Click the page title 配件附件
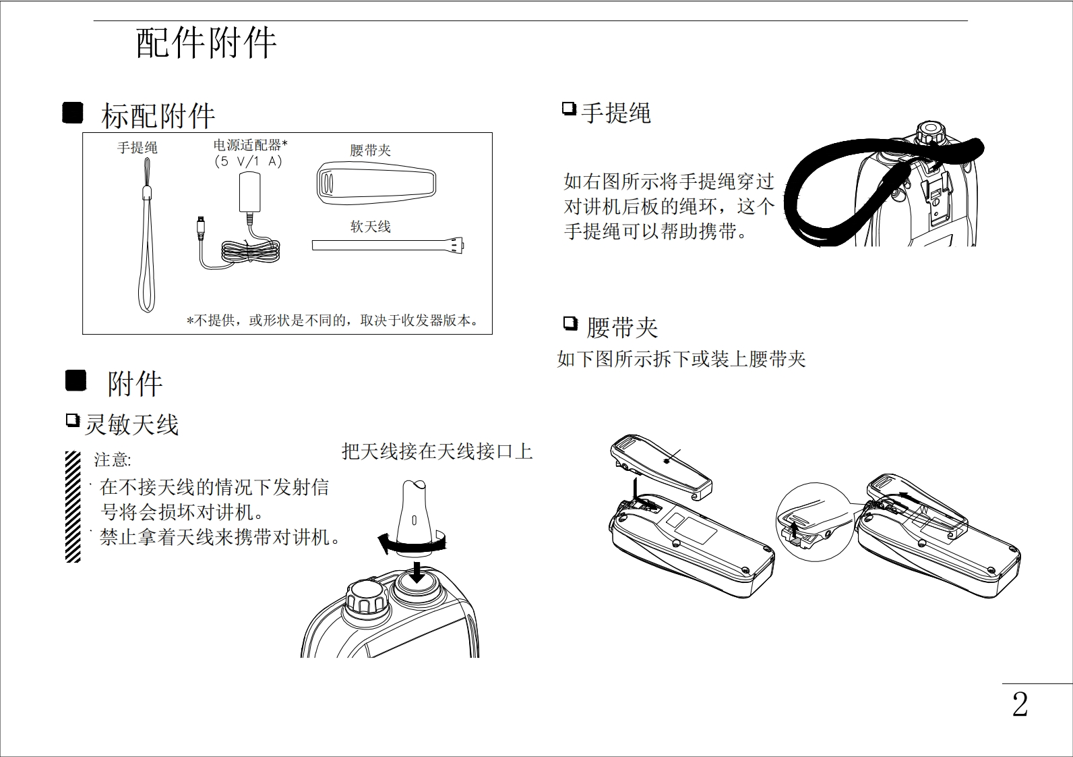click(x=206, y=43)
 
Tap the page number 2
click(x=1020, y=705)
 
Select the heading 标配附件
click(x=158, y=116)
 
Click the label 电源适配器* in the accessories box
click(x=250, y=145)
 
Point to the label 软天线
click(x=370, y=227)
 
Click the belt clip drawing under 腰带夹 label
click(x=376, y=183)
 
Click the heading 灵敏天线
click(x=131, y=424)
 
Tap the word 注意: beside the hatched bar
click(x=113, y=460)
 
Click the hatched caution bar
click(x=73, y=506)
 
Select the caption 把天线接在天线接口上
click(x=437, y=451)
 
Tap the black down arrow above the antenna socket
click(x=419, y=572)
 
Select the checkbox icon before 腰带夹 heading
click(x=570, y=325)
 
